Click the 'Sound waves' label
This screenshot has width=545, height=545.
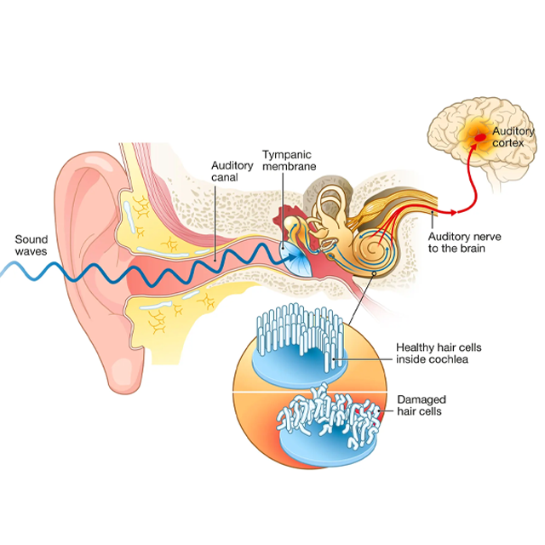32,245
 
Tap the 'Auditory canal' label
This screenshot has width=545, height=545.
232,171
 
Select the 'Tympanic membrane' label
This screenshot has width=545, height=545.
290,160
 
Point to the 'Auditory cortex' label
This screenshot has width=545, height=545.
513,137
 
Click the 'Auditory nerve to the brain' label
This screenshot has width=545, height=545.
464,242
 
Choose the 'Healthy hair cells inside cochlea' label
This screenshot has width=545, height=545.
439,353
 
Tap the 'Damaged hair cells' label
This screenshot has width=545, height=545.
422,405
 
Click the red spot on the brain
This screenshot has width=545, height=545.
480,138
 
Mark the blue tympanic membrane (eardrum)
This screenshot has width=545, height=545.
295,259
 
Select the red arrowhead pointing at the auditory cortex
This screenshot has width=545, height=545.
473,146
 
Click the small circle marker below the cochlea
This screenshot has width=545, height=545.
374,274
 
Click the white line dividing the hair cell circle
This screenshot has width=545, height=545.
310,393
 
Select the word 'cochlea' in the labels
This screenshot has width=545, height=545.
450,359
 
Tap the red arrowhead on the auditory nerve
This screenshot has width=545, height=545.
453,212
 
